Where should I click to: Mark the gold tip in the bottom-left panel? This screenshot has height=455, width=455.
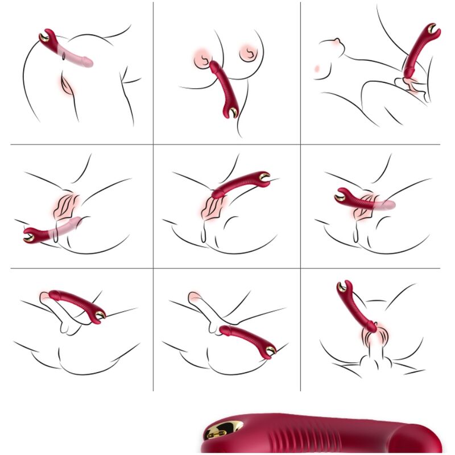(x=100, y=315)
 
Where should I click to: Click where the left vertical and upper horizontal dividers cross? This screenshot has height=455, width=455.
(x=153, y=144)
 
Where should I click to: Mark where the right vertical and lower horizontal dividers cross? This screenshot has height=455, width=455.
(x=300, y=268)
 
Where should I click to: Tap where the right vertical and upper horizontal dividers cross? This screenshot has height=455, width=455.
(x=300, y=144)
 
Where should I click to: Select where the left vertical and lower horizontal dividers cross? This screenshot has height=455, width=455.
(x=153, y=268)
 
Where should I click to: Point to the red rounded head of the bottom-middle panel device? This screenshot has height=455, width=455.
(x=224, y=329)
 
